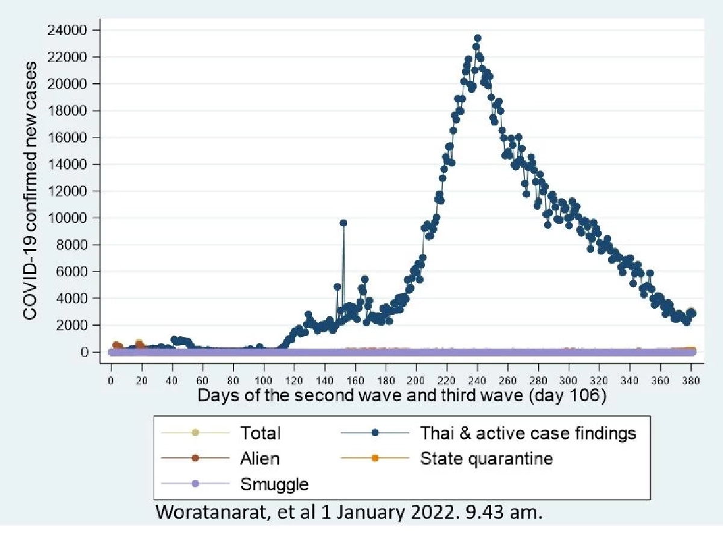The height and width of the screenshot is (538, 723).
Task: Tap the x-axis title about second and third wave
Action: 401,396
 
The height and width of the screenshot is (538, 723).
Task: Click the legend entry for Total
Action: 260,432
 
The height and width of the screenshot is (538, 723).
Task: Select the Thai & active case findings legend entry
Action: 527,432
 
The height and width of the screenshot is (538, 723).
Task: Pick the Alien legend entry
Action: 260,458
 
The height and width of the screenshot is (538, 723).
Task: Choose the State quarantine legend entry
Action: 486,458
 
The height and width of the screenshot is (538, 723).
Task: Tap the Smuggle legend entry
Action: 274,483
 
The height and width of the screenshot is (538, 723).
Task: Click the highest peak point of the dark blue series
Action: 477,38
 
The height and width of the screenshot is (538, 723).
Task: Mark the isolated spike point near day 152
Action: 343,223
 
